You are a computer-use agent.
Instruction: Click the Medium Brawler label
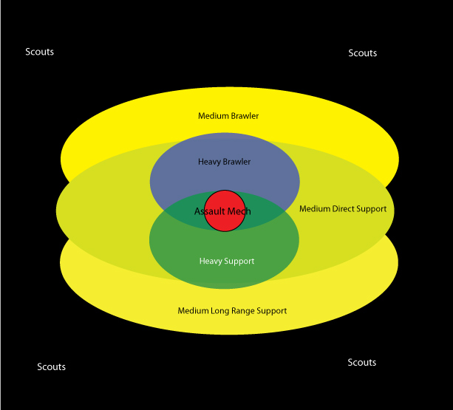tap(228, 116)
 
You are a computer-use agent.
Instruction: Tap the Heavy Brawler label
tap(225, 162)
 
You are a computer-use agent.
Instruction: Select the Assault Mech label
tap(222, 211)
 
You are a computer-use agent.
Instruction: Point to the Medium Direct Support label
tap(343, 209)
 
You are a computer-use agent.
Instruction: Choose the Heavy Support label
tap(227, 261)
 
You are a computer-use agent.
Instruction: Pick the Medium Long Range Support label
tap(232, 310)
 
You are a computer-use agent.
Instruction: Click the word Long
tap(218, 310)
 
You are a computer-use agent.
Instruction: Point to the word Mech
tap(239, 211)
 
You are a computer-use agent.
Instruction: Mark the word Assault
tap(209, 211)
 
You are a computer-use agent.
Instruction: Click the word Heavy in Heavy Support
tap(211, 261)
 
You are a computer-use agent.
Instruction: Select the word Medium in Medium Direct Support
tap(314, 209)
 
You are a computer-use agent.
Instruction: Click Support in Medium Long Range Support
tap(270, 310)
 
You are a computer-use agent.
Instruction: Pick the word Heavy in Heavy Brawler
tap(209, 162)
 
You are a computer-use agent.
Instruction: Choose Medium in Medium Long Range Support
tap(193, 310)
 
